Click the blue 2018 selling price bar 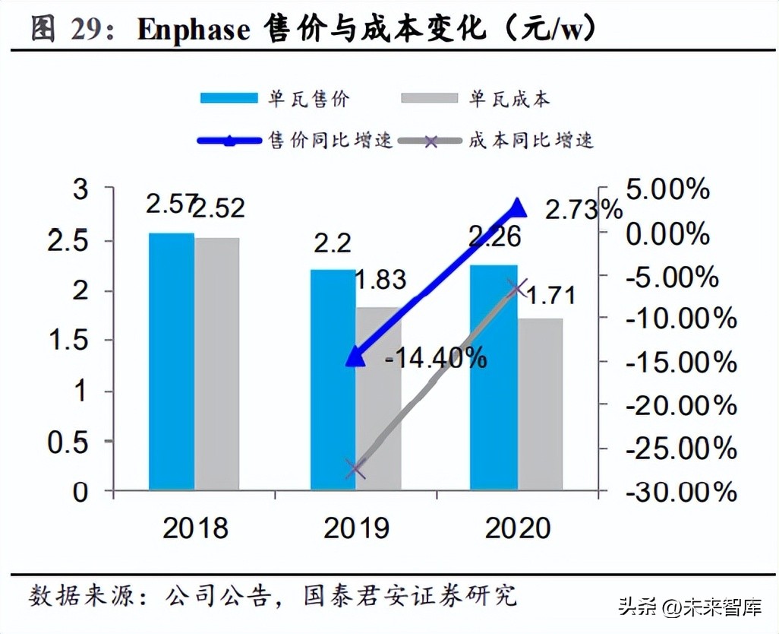click(171, 361)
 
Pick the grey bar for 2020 click(540, 404)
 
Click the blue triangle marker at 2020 click(517, 208)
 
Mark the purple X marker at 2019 click(355, 469)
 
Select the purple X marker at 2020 click(517, 288)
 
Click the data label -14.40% click(435, 357)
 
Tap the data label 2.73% click(583, 210)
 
